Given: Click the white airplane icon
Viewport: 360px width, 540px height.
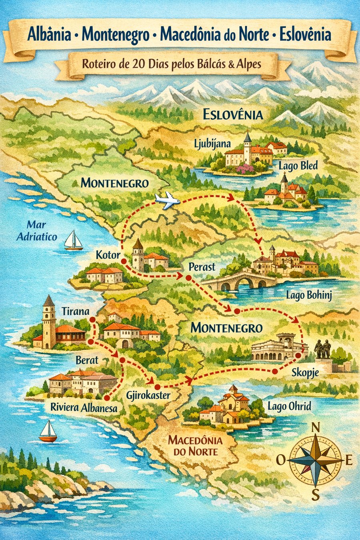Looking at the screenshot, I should point(167,200).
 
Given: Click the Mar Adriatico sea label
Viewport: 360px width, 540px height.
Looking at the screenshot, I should point(37,231).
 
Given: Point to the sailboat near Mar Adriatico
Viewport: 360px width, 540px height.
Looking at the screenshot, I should point(74,241).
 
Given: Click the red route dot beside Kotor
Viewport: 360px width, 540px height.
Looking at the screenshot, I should point(124,261).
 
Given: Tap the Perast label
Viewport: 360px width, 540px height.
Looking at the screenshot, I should point(202,267).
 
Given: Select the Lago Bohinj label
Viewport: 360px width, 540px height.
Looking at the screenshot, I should point(309,296).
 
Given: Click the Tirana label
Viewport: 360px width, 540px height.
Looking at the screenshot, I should point(76,312).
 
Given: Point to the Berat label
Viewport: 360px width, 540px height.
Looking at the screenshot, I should point(87,360).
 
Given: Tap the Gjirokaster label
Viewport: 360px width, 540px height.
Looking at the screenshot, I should point(148,396).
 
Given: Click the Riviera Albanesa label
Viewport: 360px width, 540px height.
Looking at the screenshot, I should point(84,408).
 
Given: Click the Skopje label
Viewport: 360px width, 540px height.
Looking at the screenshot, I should point(305,373).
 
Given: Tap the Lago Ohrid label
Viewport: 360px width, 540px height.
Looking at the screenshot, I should point(289,406).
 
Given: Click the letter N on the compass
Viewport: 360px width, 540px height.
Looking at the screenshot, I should point(315,428).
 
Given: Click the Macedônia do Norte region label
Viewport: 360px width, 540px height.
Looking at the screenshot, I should point(195,446).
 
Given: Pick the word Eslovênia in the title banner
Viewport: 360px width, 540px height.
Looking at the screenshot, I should point(305,35).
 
